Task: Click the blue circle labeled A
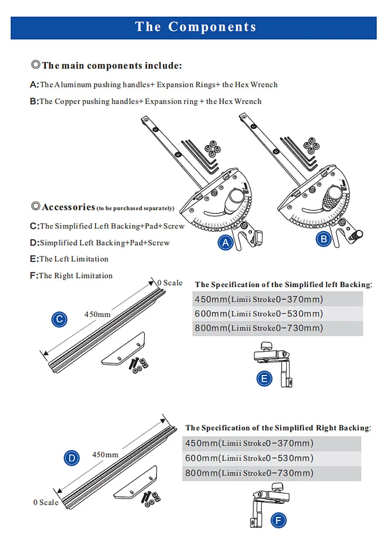point(225,242)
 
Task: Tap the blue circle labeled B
point(324,239)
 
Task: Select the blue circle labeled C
point(59,319)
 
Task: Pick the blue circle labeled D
point(72,458)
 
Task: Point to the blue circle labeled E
point(264,378)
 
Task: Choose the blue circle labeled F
point(278,521)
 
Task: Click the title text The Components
point(195,27)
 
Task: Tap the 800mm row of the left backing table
point(277,328)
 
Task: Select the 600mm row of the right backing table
point(272,458)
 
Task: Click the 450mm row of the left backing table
point(277,299)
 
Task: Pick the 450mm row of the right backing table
point(272,444)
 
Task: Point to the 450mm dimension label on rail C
point(97,314)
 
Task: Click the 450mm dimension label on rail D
point(105,455)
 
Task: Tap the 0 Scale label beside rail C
point(170,283)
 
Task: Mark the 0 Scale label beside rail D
point(46,502)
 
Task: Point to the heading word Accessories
point(68,207)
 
